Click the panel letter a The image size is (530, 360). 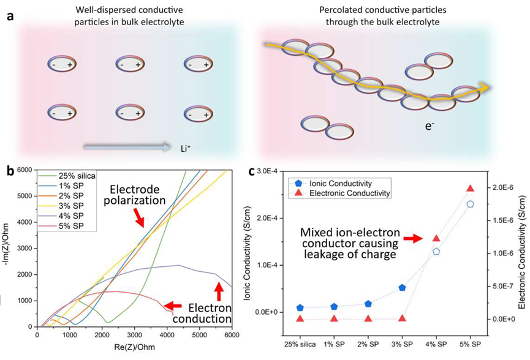tap(10, 16)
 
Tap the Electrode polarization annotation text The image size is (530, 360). tap(135, 195)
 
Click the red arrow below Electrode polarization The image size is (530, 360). tap(139, 217)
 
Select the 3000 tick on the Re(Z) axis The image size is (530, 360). tap(135, 335)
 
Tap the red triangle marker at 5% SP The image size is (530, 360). tap(470, 188)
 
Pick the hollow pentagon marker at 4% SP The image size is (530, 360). tap(436, 251)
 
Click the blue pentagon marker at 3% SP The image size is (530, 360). tap(402, 287)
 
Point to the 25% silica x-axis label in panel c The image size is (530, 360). tap(300, 344)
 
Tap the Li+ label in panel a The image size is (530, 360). tap(186, 148)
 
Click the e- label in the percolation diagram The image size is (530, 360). tap(430, 127)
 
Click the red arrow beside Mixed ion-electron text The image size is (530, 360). tap(414, 238)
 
